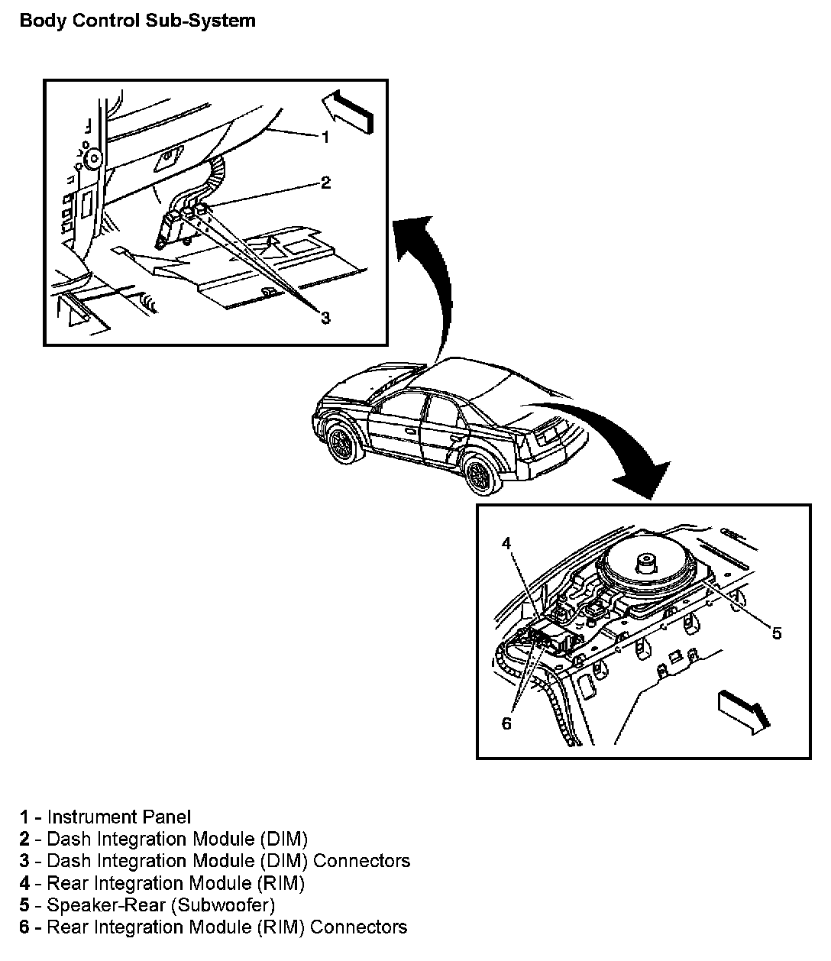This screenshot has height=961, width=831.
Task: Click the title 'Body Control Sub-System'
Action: (x=137, y=21)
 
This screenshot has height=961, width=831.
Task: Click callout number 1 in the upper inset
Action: (x=325, y=138)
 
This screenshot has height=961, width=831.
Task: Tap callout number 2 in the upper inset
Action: (x=325, y=183)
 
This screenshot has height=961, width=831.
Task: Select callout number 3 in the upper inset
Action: (x=325, y=318)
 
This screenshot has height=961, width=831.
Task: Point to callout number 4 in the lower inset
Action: (x=506, y=543)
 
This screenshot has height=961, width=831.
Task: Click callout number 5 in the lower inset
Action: (x=776, y=633)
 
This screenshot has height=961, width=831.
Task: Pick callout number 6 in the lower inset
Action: (x=506, y=723)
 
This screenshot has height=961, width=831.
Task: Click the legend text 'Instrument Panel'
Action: (x=119, y=817)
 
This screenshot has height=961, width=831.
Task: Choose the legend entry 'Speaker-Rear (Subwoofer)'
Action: (x=160, y=905)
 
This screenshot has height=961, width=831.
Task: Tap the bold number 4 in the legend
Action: (x=25, y=883)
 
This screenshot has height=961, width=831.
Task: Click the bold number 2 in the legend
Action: (x=25, y=840)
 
